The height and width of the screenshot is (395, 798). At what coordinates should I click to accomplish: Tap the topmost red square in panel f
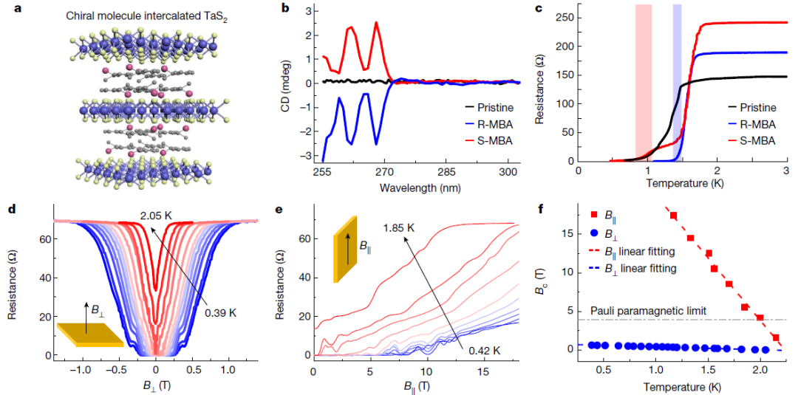(673, 215)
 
